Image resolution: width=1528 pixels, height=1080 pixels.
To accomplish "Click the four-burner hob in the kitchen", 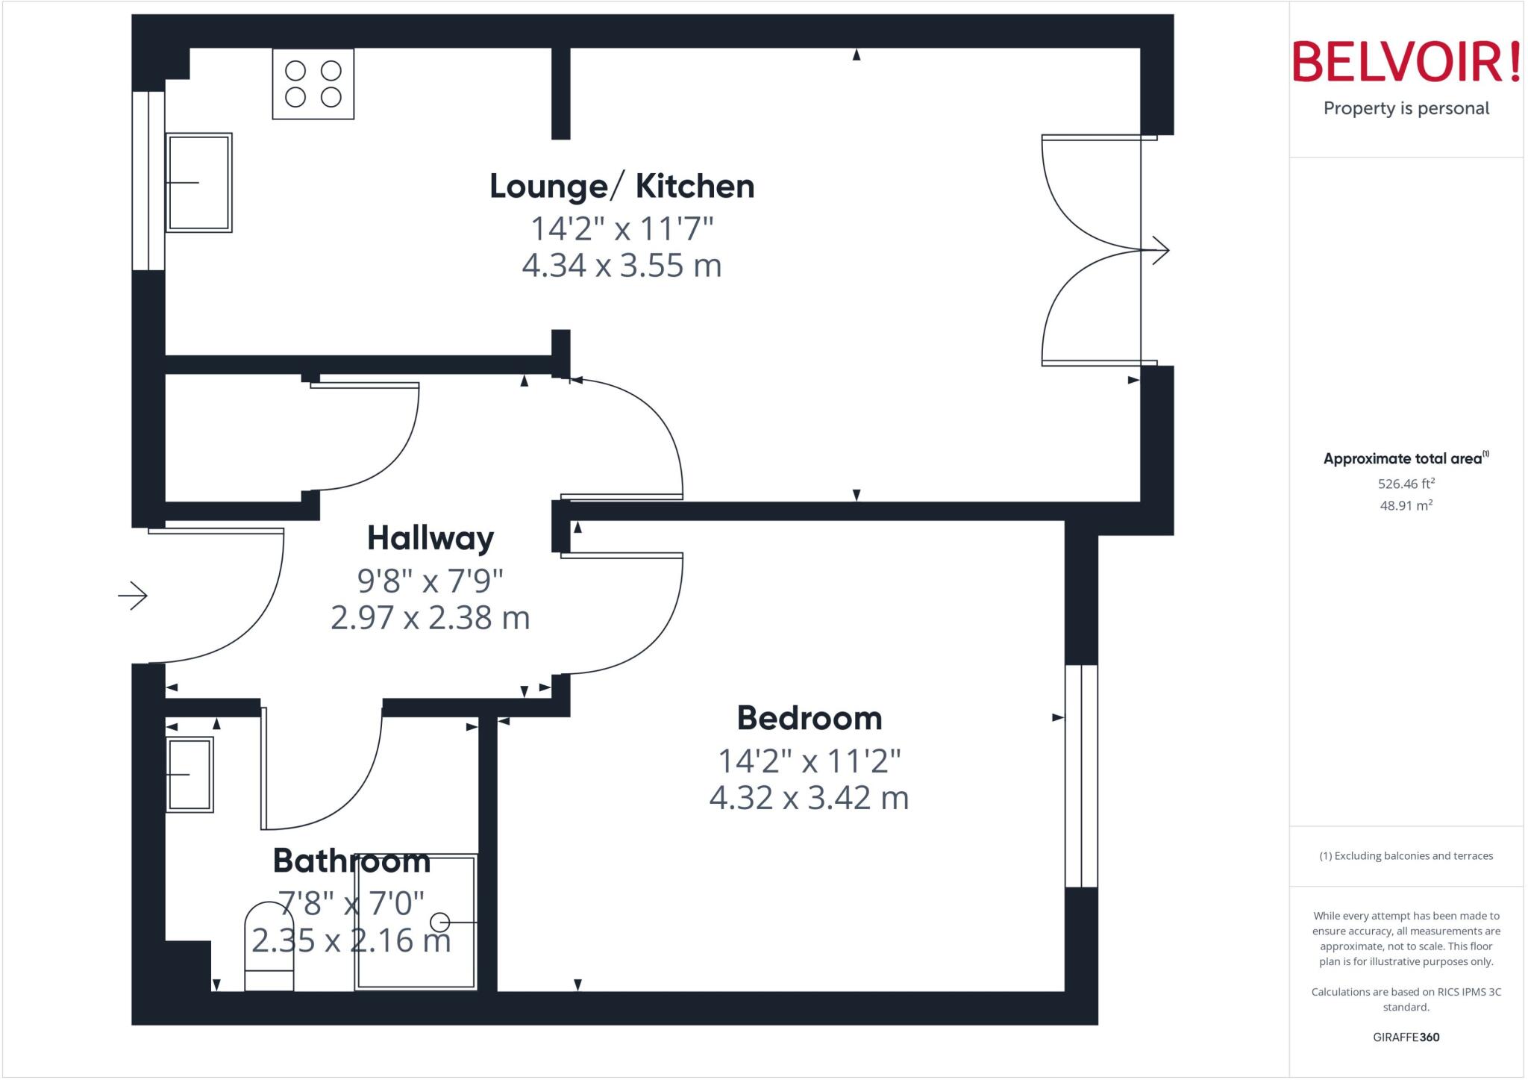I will click(313, 84).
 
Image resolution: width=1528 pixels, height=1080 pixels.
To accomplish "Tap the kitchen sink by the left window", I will click(198, 183).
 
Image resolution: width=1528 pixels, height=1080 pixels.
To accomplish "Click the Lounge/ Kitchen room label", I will click(621, 186).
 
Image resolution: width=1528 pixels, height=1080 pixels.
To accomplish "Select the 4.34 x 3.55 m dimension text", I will click(621, 266).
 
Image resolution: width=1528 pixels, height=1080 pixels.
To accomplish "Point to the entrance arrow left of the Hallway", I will click(133, 596).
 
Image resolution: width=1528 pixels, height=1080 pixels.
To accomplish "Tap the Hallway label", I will click(430, 538).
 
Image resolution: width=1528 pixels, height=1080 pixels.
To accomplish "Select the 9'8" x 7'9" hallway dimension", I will click(430, 580).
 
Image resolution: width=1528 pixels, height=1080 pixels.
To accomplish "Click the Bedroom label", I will click(810, 718).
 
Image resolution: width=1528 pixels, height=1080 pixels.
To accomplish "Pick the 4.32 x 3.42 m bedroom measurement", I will click(810, 798).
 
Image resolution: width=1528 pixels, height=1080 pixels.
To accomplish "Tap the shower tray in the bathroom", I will click(416, 922).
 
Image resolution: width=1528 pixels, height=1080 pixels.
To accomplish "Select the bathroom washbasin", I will click(190, 775).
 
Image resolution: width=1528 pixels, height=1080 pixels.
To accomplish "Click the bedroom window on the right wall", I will click(1081, 775).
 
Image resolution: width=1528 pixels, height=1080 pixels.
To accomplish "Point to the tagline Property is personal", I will click(1406, 108).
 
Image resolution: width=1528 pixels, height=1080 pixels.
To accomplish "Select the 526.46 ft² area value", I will click(1406, 484).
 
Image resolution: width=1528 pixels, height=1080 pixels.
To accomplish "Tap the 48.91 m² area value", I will click(1406, 505).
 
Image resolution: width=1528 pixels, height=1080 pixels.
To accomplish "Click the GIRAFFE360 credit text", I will click(1406, 1037).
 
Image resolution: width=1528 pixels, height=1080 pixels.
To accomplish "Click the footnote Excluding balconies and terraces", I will click(1406, 856).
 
